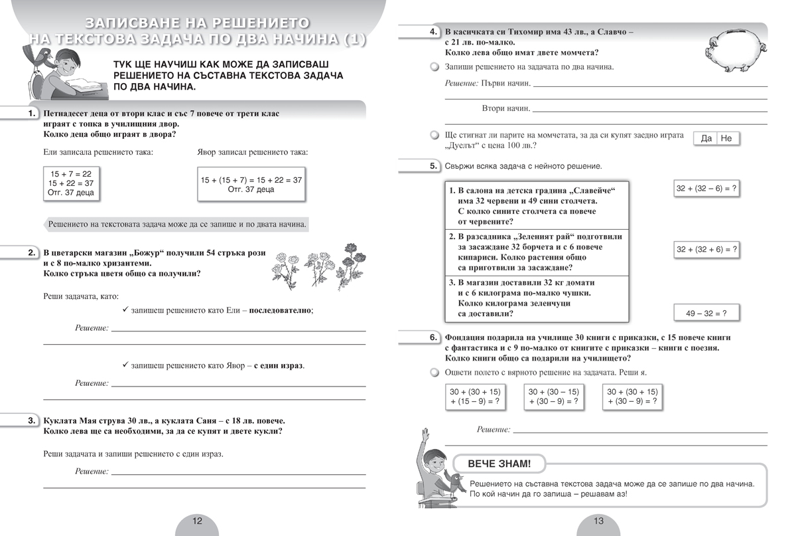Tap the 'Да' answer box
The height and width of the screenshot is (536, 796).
pos(706,138)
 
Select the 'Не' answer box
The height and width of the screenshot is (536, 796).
pos(726,138)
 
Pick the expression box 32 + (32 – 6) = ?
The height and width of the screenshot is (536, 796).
pos(706,189)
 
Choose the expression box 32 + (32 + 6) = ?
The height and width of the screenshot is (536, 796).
pos(706,250)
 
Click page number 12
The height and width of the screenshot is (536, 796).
pos(197,521)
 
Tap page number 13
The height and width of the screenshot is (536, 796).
pos(598,521)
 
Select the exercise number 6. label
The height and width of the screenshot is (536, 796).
pos(432,337)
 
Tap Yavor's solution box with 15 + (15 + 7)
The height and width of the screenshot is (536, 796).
pos(251,184)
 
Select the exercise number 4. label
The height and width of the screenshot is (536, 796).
pos(432,32)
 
